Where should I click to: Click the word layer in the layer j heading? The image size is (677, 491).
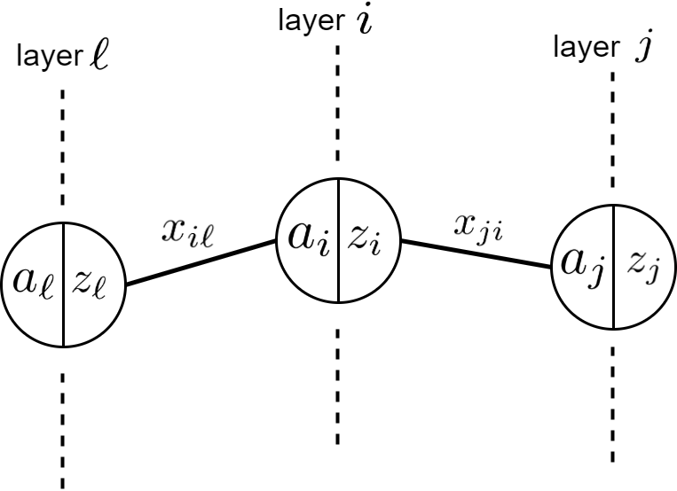(584, 46)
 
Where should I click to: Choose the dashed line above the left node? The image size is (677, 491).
(63, 151)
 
